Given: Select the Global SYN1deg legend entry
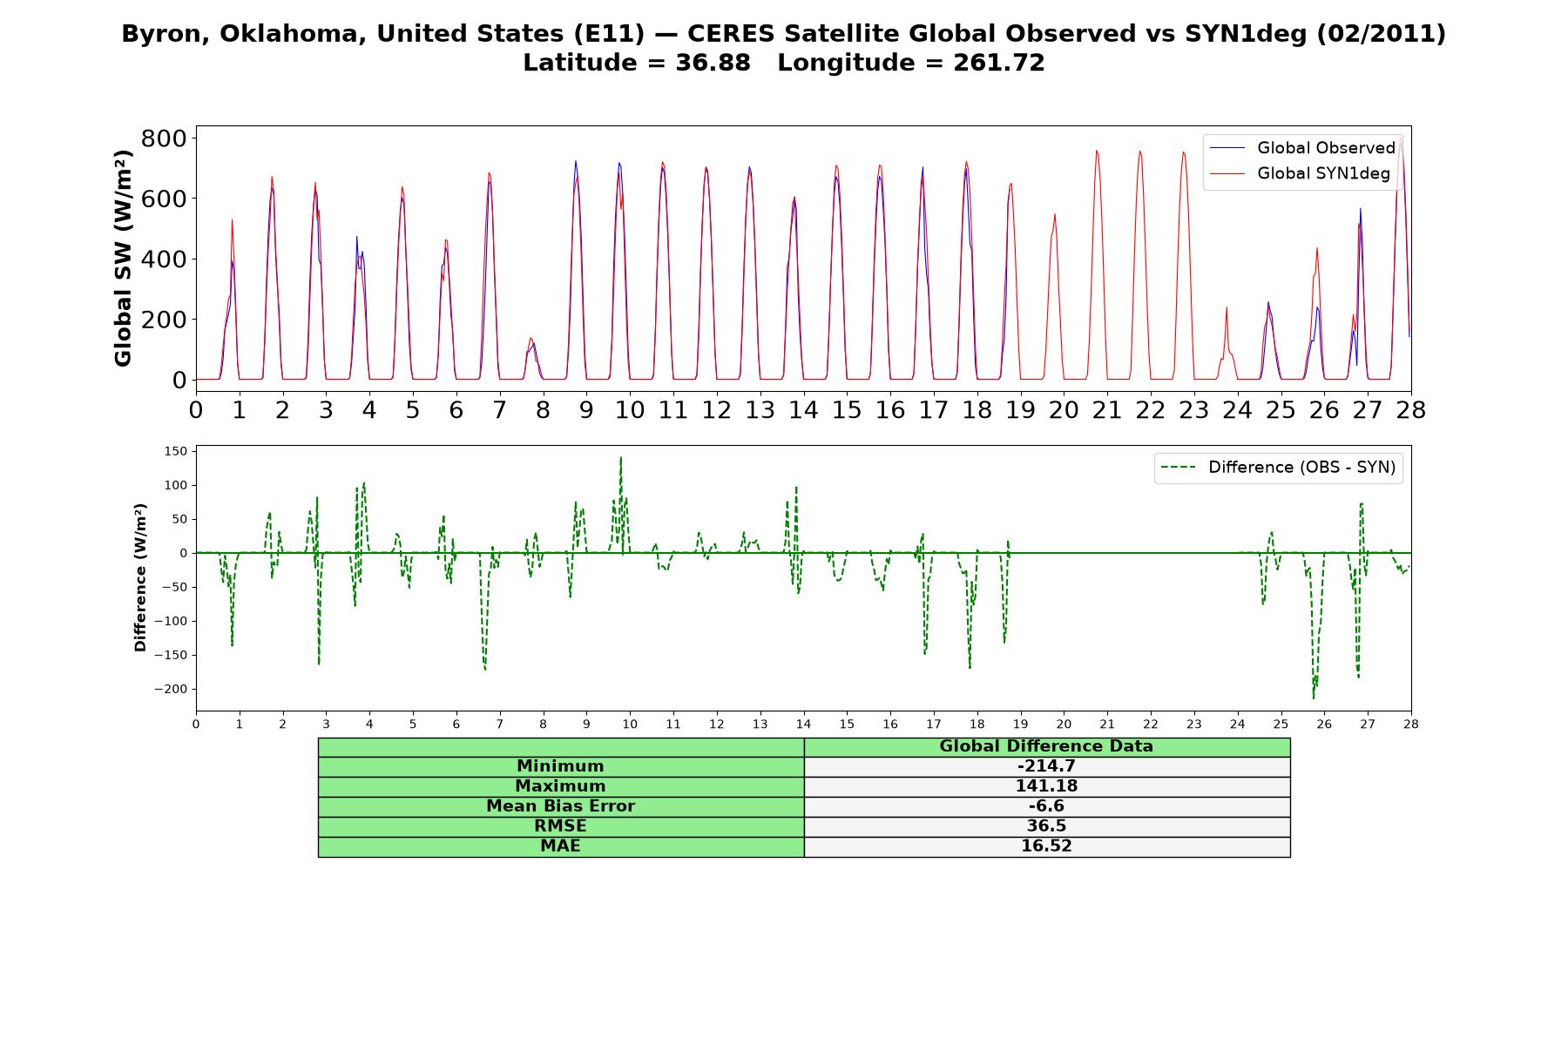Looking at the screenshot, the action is (1300, 173).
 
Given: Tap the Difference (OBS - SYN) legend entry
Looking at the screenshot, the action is (1279, 468).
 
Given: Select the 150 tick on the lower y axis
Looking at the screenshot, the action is (175, 451).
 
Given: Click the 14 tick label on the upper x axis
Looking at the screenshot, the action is (803, 409).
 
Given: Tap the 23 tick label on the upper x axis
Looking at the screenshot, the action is (1193, 409).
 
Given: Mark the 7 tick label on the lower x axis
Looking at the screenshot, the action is (499, 724).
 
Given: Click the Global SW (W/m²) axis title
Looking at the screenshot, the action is (123, 259).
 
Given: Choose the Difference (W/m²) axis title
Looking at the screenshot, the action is (140, 577).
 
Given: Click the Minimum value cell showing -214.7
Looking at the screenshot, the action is (1046, 766).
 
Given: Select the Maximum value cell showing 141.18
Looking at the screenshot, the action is (1046, 786).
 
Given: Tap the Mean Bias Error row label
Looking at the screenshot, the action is (560, 806).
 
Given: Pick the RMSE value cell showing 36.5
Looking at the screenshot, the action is (1046, 826).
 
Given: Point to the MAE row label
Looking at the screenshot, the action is (560, 846).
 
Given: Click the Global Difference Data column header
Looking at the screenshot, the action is (1046, 746).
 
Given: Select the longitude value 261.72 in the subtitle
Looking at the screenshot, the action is (999, 63).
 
